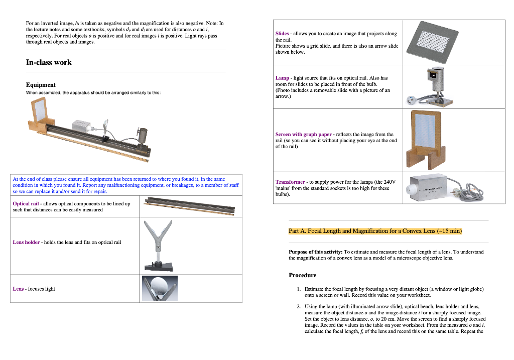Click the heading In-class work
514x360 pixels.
(x=49, y=62)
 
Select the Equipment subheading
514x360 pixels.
(x=41, y=85)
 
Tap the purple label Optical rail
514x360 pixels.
(x=26, y=203)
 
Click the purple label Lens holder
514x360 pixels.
(x=26, y=242)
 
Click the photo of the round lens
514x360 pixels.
(x=160, y=288)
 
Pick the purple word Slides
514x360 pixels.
(x=282, y=34)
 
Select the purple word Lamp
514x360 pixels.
(x=282, y=78)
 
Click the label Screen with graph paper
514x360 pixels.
(x=303, y=134)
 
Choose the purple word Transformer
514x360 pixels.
(x=290, y=182)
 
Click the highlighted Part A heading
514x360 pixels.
(x=375, y=231)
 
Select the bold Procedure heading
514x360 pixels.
(x=303, y=275)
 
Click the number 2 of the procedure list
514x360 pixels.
(x=298, y=306)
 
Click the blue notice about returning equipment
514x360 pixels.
(x=125, y=185)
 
